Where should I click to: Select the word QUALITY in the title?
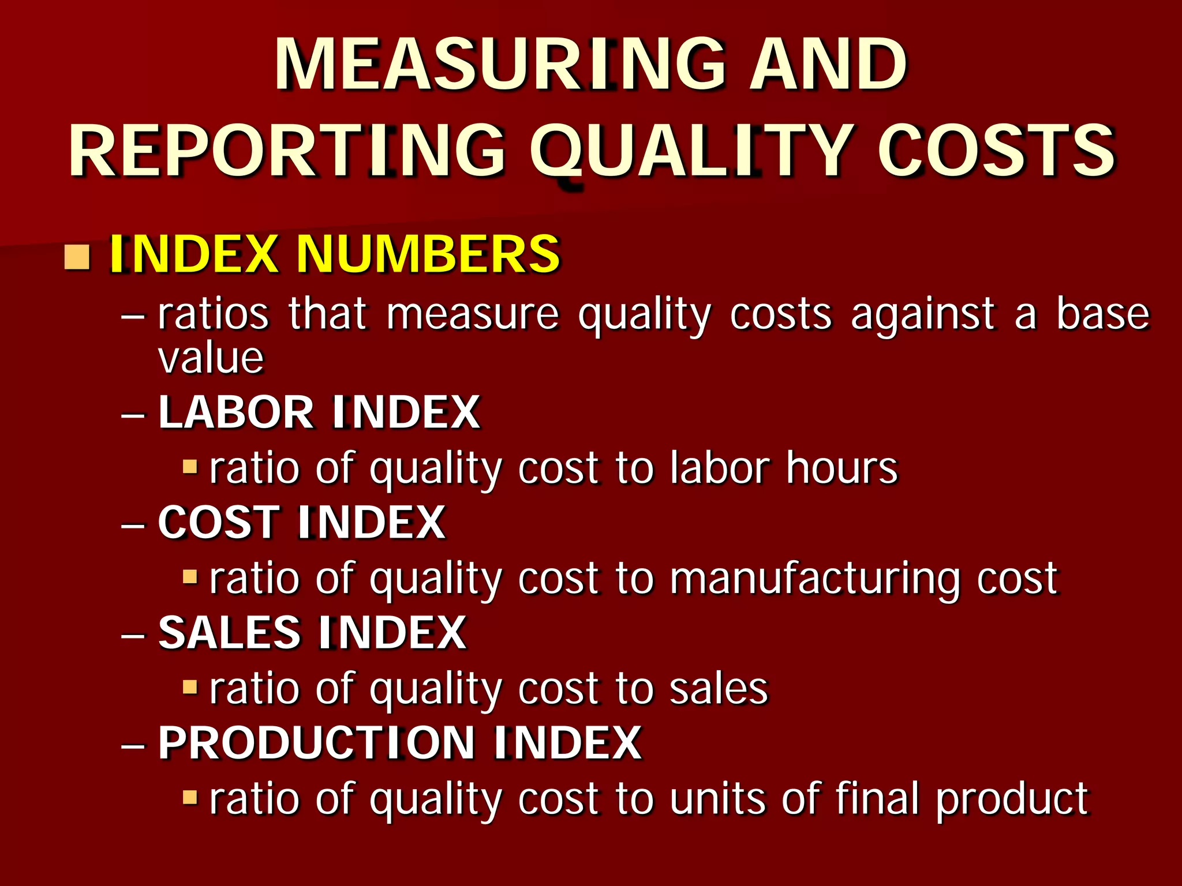pyautogui.click(x=692, y=152)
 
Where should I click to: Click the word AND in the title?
pyautogui.click(x=828, y=65)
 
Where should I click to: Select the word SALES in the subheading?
pyautogui.click(x=229, y=633)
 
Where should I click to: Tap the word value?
pyautogui.click(x=211, y=359)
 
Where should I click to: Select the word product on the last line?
pyautogui.click(x=1012, y=800)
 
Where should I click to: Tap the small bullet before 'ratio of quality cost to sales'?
pyautogui.click(x=189, y=686)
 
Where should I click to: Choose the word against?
pyautogui.click(x=923, y=316)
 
